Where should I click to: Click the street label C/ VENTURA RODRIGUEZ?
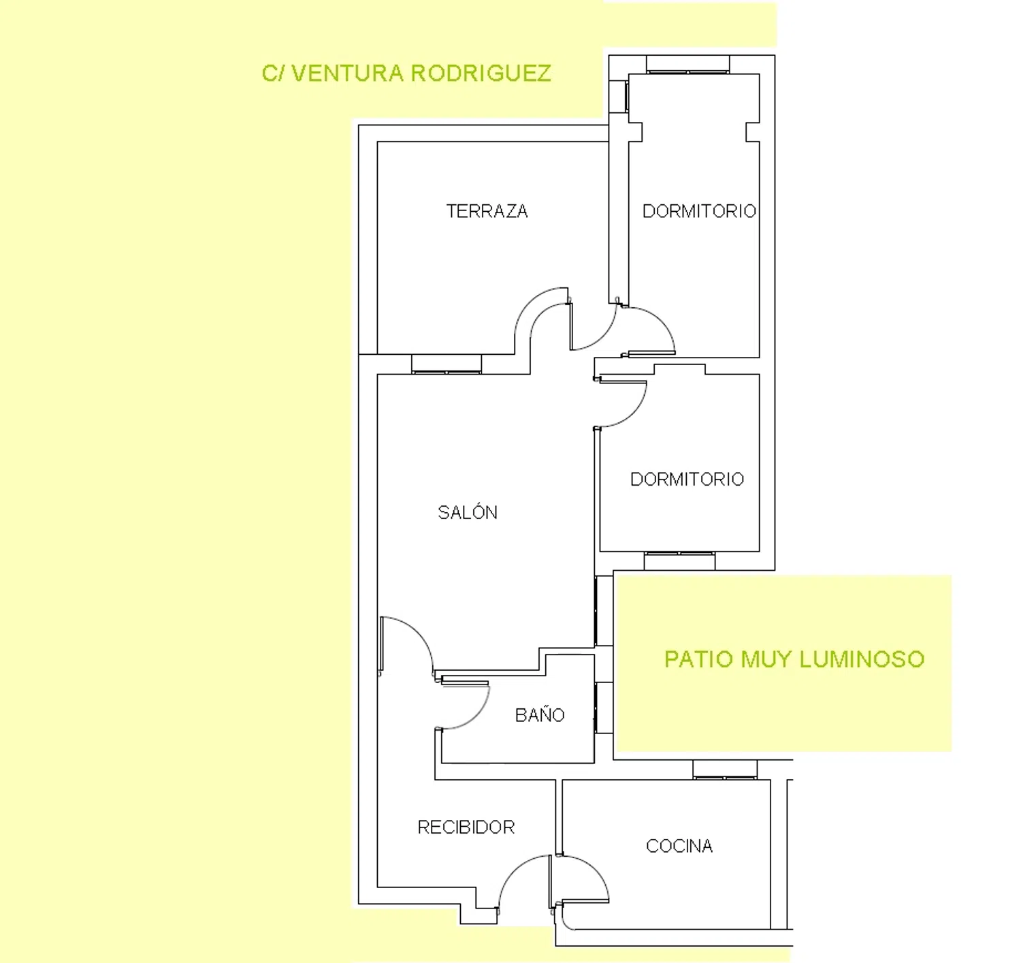[406, 73]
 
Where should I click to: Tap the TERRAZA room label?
[487, 211]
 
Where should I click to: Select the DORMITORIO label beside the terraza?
[699, 211]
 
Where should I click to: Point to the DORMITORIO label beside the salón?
[687, 479]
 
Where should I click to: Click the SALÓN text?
[468, 512]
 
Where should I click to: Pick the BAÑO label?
[540, 714]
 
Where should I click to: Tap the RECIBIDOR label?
[466, 827]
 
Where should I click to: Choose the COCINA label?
[679, 846]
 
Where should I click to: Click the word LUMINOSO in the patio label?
[862, 659]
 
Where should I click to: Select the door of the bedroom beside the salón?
[632, 411]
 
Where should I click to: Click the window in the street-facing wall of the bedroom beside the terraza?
[688, 64]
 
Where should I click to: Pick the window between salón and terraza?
[447, 364]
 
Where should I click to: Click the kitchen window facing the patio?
[725, 770]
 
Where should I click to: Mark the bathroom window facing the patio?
[604, 708]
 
